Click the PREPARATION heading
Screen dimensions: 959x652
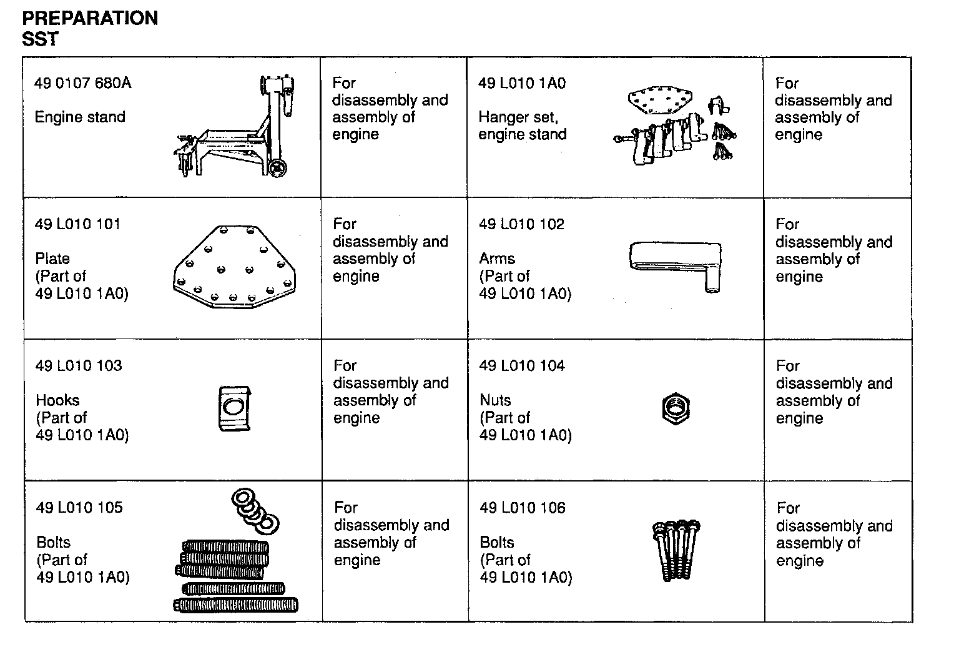pyautogui.click(x=90, y=18)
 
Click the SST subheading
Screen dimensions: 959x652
pyautogui.click(x=40, y=39)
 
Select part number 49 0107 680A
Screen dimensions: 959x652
pyautogui.click(x=83, y=82)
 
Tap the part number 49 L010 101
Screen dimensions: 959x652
pyautogui.click(x=78, y=224)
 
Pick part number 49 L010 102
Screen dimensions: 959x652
pyautogui.click(x=521, y=224)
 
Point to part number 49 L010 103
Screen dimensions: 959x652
pyautogui.click(x=79, y=365)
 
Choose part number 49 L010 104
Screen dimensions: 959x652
pyautogui.click(x=522, y=365)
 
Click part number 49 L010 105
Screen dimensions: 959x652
pyautogui.click(x=79, y=507)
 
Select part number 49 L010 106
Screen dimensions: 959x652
pyautogui.click(x=523, y=507)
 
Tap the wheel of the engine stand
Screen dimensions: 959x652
pyautogui.click(x=278, y=167)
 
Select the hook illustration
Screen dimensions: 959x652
pyautogui.click(x=234, y=408)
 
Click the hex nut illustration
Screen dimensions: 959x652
pyautogui.click(x=675, y=409)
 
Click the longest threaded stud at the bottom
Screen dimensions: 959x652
pyautogui.click(x=236, y=605)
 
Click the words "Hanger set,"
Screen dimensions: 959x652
pyautogui.click(x=518, y=117)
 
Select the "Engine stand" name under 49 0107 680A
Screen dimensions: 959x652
pyautogui.click(x=80, y=117)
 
